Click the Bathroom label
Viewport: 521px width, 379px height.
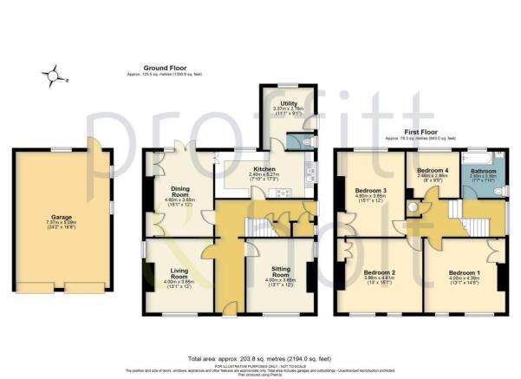click(x=483, y=171)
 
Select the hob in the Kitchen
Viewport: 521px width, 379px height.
click(x=283, y=192)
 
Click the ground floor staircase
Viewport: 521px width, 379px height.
click(x=265, y=227)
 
